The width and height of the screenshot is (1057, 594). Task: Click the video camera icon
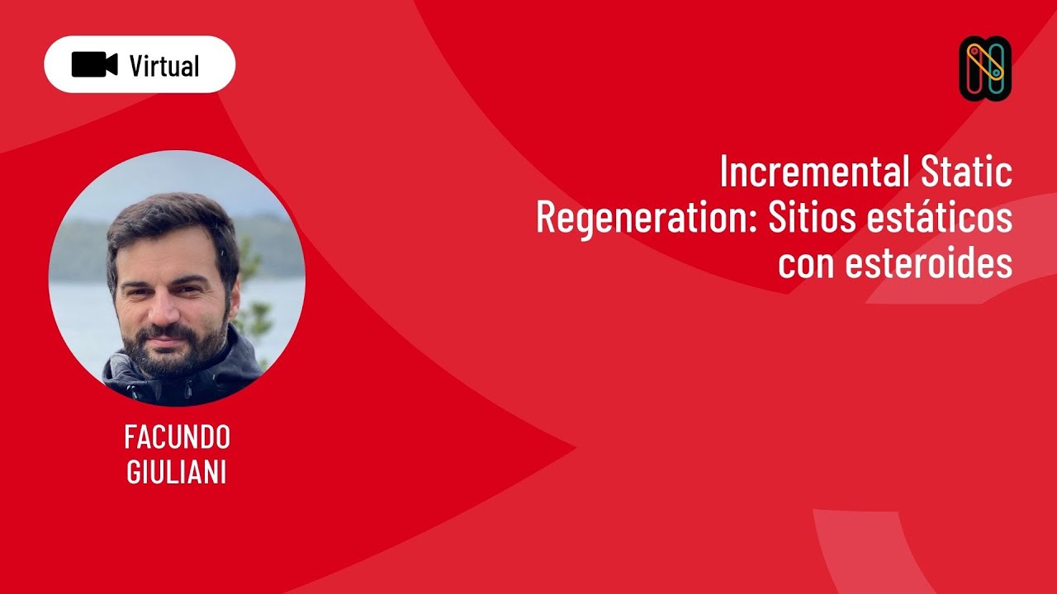94,64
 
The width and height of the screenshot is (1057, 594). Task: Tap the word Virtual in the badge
164,65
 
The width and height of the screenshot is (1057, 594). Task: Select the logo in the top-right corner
985,68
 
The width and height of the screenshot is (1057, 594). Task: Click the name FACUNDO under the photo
177,436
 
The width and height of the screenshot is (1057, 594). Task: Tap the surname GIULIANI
177,474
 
